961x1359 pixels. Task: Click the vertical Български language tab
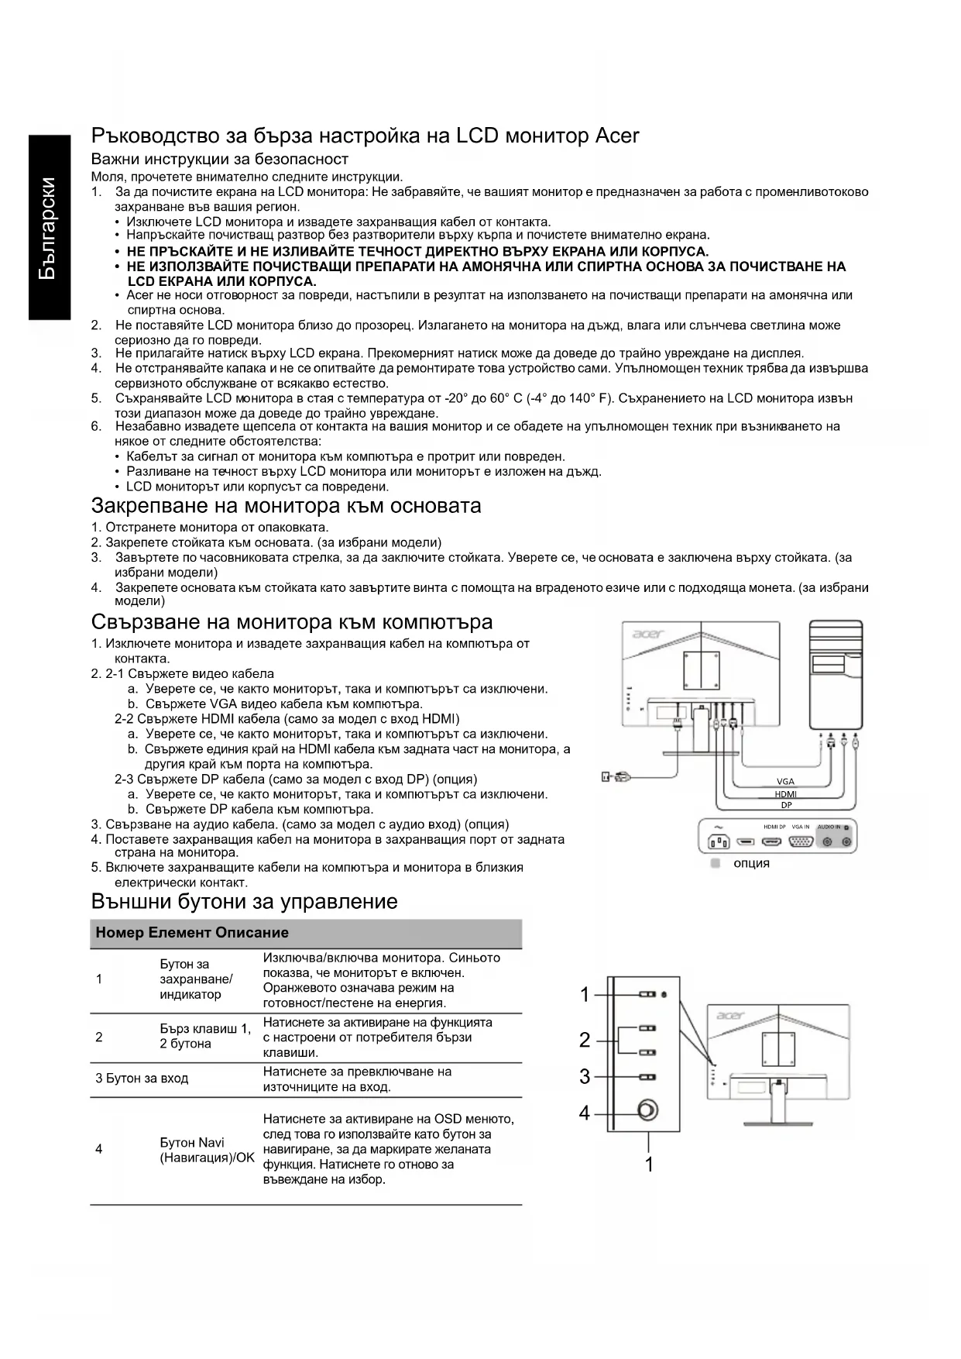point(48,228)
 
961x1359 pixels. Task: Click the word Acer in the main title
point(616,136)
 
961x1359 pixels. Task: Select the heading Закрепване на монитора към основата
point(286,506)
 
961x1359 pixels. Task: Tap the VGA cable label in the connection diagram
point(785,781)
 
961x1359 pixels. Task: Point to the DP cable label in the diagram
point(786,805)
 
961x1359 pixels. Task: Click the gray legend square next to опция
point(716,862)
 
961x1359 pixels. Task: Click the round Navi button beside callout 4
point(647,1111)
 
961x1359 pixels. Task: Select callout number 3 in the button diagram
point(585,1076)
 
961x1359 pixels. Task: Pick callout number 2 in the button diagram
point(585,1040)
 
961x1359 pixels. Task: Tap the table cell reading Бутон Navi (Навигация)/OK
point(207,1150)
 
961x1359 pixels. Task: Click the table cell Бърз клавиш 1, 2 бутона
point(205,1037)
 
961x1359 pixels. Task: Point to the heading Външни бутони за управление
point(244,901)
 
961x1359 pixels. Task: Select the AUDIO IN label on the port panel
point(828,827)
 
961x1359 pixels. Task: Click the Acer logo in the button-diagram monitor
point(730,1015)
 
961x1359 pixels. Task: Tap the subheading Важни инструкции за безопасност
point(220,160)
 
